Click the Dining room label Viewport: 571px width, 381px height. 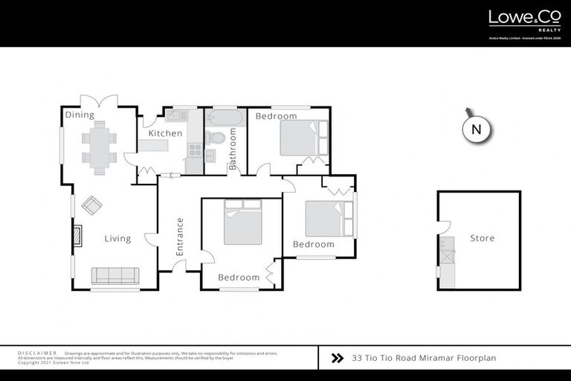coord(79,115)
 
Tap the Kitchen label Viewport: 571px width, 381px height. coord(165,133)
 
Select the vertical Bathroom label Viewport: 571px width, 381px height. coord(233,149)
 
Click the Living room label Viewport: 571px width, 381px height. coord(117,239)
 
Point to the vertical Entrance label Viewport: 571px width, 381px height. coord(179,237)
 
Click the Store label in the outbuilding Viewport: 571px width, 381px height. coord(482,238)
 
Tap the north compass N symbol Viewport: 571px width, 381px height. coord(477,129)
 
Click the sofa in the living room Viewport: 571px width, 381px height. coord(114,275)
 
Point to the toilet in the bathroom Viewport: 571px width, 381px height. coord(215,138)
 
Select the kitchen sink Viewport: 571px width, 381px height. coord(178,115)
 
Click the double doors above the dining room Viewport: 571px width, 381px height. coord(100,100)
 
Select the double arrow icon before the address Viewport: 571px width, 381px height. coord(336,358)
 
